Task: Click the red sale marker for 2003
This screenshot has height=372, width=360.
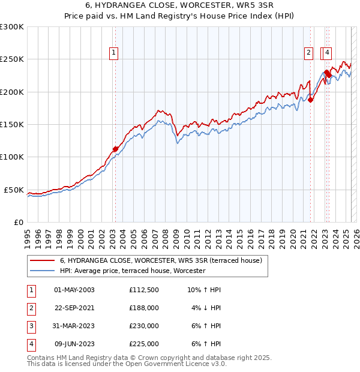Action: pyautogui.click(x=115, y=149)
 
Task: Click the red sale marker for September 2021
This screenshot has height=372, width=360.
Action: pyautogui.click(x=311, y=100)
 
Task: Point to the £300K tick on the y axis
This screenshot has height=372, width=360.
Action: pyautogui.click(x=12, y=27)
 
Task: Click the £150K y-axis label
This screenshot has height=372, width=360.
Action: pyautogui.click(x=12, y=125)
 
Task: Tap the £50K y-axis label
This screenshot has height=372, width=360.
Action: pyautogui.click(x=14, y=190)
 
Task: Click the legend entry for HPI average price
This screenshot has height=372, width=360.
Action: pyautogui.click(x=133, y=271)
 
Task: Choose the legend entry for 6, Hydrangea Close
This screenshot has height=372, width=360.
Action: pyautogui.click(x=161, y=261)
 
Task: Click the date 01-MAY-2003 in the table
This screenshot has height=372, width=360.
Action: pyautogui.click(x=74, y=290)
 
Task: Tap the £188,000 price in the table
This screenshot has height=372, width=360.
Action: pyautogui.click(x=144, y=308)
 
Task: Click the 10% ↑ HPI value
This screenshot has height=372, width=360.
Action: pyautogui.click(x=205, y=290)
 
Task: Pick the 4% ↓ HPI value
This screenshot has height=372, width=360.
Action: pyautogui.click(x=206, y=308)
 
